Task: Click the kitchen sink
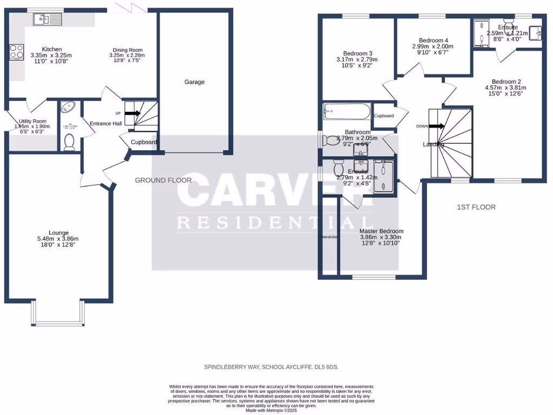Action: click(48, 20)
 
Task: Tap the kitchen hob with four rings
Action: click(16, 52)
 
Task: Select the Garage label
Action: click(194, 82)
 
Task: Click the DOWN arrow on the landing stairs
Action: click(437, 126)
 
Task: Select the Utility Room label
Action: click(33, 122)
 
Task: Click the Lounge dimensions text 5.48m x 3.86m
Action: click(57, 239)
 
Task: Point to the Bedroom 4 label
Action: click(434, 40)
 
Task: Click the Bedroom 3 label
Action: click(354, 53)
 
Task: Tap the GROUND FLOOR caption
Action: click(163, 180)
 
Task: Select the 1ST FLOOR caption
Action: click(476, 207)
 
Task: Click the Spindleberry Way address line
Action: click(271, 367)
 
